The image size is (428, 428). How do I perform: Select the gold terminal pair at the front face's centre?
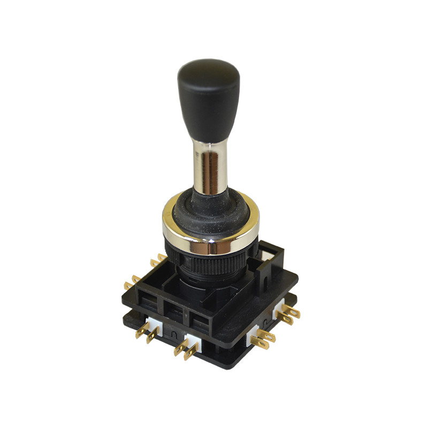point(185,348)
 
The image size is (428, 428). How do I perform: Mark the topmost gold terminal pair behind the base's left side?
point(157,261)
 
